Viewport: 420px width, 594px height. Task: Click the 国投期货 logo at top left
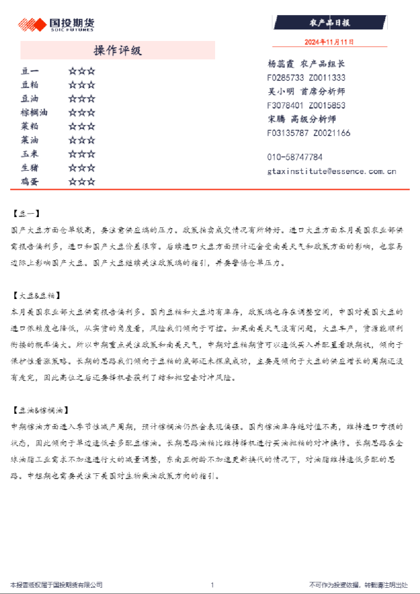pyautogui.click(x=50, y=24)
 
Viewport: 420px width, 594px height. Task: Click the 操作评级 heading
pyautogui.click(x=117, y=51)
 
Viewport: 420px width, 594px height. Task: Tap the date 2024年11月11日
pyautogui.click(x=329, y=42)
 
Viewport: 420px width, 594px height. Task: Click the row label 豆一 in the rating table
pyautogui.click(x=30, y=71)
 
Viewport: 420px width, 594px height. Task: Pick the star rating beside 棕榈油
pyautogui.click(x=81, y=113)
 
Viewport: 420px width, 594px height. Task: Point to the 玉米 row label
pyautogui.click(x=30, y=154)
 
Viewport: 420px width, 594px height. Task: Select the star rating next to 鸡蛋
pyautogui.click(x=81, y=182)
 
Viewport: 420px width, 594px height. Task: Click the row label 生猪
pyautogui.click(x=30, y=167)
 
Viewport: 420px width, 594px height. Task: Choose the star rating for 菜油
pyautogui.click(x=81, y=140)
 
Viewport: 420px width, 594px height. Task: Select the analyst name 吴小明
pyautogui.click(x=281, y=91)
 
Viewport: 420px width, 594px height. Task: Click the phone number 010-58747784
pyautogui.click(x=294, y=157)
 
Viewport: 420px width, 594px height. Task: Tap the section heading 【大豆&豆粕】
pyautogui.click(x=36, y=296)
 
